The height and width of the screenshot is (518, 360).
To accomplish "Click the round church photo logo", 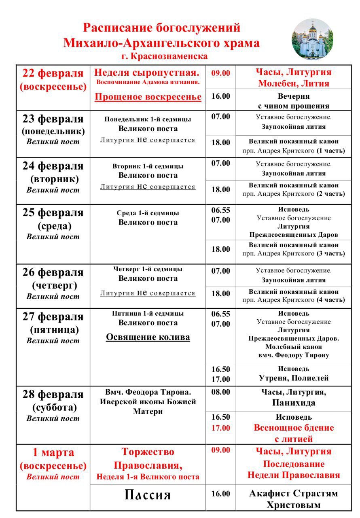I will point(312,39).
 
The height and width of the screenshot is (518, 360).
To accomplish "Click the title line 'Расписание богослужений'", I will point(162,28).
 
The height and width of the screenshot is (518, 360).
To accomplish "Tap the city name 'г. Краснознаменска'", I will point(164,56).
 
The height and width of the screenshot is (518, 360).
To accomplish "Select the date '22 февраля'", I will point(53,74).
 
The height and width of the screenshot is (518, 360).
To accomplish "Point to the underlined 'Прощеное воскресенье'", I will point(148,97).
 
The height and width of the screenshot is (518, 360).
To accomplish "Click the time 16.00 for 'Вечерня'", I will point(220,96).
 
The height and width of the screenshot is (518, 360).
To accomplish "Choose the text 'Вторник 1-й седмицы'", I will point(148,166).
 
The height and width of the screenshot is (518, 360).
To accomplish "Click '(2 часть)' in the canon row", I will point(330,194).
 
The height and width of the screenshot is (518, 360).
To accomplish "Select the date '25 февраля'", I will point(53,212).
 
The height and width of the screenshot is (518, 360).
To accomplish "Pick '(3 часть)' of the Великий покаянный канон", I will point(330,254).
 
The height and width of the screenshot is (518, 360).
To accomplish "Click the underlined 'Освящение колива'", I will point(148,337).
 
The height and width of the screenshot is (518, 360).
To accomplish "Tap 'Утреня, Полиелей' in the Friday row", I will point(294,378).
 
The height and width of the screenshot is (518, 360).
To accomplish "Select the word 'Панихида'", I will point(294,403).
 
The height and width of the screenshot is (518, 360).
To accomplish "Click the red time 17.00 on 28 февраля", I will point(220,428).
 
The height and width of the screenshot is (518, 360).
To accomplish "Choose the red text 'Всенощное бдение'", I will point(294,428).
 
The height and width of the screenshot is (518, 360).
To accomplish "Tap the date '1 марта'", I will point(53,452).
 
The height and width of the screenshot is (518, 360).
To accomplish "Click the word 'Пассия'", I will point(148,495).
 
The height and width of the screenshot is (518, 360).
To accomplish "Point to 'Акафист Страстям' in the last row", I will point(294,493).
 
